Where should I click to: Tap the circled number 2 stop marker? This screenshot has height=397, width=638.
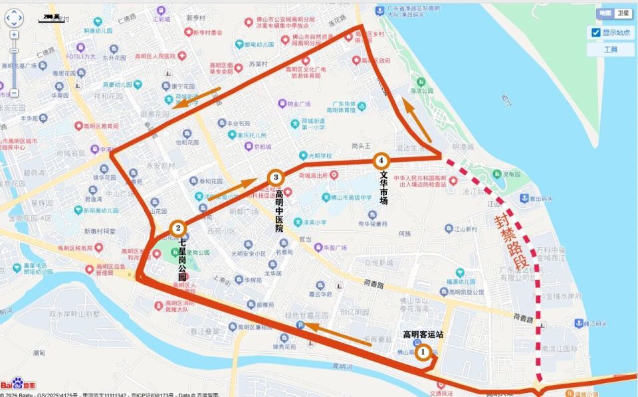pos(178,228)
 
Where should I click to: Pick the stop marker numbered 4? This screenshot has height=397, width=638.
pos(380,160)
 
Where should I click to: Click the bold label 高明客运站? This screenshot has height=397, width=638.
pos(422,334)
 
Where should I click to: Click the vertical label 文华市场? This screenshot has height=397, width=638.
pos(383,188)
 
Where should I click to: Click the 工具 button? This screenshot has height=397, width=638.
pos(610,50)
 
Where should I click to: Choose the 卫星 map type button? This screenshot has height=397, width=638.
pos(622,13)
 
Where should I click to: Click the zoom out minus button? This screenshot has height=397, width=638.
pos(14,94)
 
